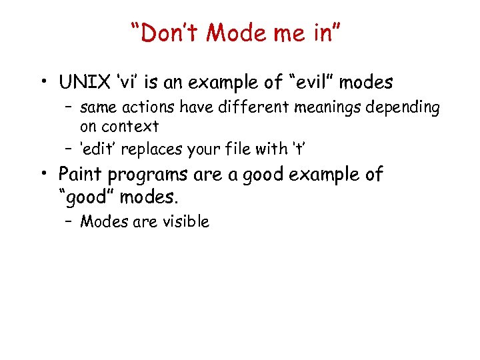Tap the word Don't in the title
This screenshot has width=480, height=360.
coord(161,31)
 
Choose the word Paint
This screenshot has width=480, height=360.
coord(78,174)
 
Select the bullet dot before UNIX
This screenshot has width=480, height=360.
coord(43,83)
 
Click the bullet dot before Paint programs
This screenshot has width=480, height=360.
coord(43,175)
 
